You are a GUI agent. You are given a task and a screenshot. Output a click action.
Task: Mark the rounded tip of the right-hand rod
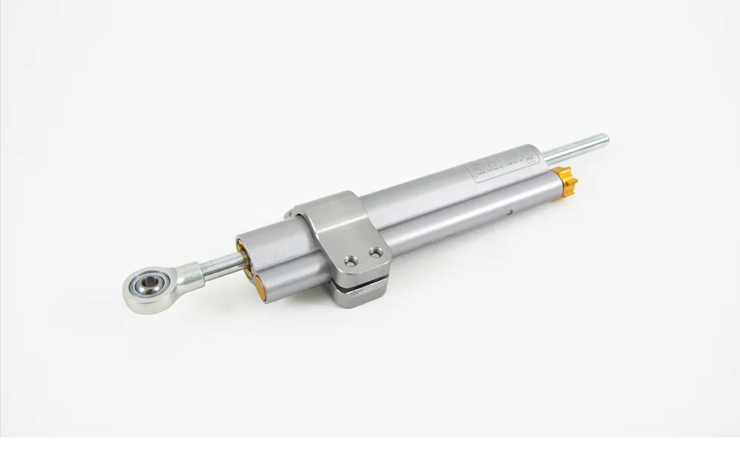(x=605, y=138)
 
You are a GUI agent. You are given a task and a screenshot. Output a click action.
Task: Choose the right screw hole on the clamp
(x=378, y=253)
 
